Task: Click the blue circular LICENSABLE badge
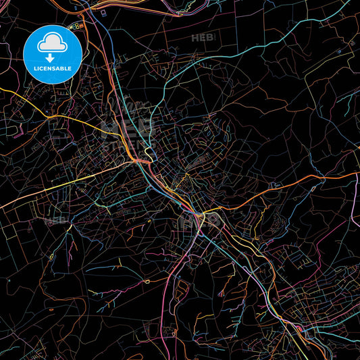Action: pos(53,54)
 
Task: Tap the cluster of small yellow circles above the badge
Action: pos(76,25)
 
